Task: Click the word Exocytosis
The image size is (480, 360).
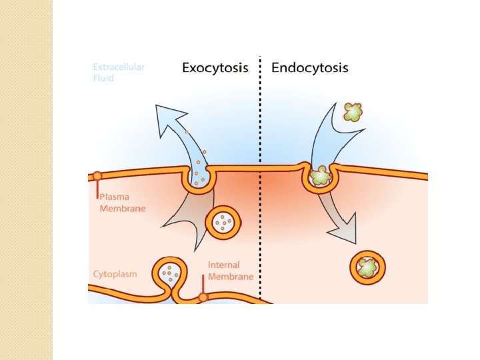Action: pyautogui.click(x=215, y=68)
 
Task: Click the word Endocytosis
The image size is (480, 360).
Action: pyautogui.click(x=309, y=68)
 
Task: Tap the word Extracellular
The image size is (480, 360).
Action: pyautogui.click(x=119, y=67)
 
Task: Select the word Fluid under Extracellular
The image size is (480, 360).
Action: pyautogui.click(x=103, y=78)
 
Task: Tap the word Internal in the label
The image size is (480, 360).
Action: pyautogui.click(x=224, y=265)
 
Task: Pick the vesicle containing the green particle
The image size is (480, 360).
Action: pyautogui.click(x=368, y=267)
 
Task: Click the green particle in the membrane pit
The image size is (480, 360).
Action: pyautogui.click(x=321, y=177)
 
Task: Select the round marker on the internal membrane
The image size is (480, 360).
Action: pyautogui.click(x=203, y=297)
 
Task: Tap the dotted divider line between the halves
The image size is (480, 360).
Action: pyautogui.click(x=261, y=200)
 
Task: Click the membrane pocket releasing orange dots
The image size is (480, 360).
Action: pyautogui.click(x=199, y=178)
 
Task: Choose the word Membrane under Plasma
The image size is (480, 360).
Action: pyautogui.click(x=123, y=208)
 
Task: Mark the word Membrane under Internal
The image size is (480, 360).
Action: pyautogui.click(x=231, y=276)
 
